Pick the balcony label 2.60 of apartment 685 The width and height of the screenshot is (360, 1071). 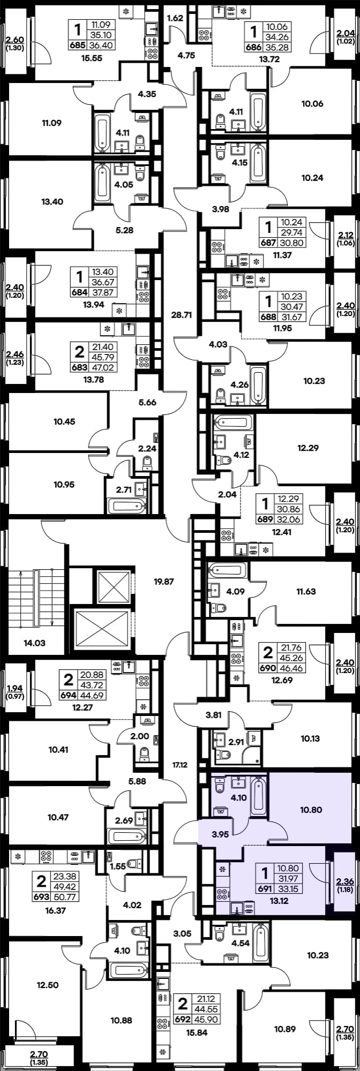tap(14, 39)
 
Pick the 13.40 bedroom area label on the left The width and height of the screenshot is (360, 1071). tap(52, 202)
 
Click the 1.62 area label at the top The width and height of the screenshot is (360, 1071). tap(175, 18)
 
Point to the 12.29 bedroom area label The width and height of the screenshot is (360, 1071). tap(307, 448)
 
